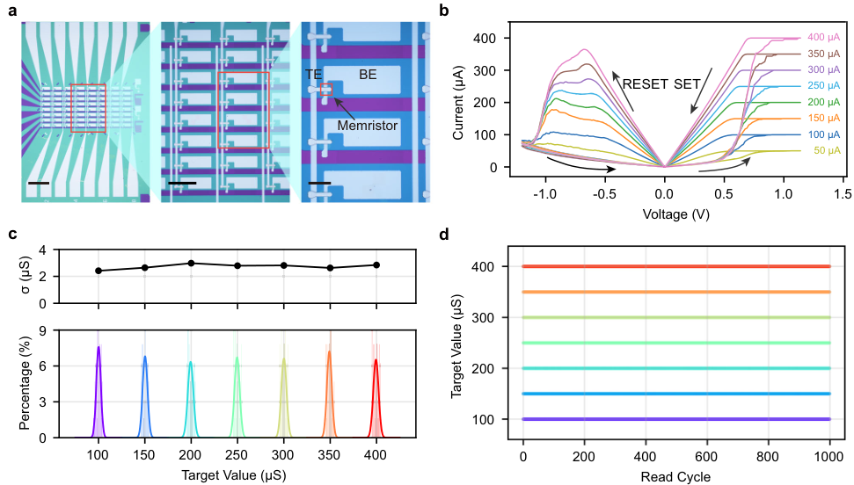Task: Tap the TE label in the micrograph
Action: pyautogui.click(x=314, y=76)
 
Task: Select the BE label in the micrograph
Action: pyautogui.click(x=368, y=76)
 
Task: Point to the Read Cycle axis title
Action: pyautogui.click(x=676, y=477)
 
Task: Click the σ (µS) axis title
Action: pyautogui.click(x=26, y=276)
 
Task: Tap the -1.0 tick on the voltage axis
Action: pyautogui.click(x=546, y=193)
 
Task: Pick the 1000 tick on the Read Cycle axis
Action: pyautogui.click(x=829, y=458)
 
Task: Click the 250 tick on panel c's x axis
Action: pyautogui.click(x=237, y=458)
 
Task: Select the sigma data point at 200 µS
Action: pyautogui.click(x=191, y=263)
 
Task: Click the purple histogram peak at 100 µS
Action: pyautogui.click(x=99, y=348)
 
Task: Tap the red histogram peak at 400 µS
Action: pyautogui.click(x=376, y=360)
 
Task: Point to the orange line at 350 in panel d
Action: pyautogui.click(x=676, y=292)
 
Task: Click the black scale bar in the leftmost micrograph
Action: pyautogui.click(x=39, y=184)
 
